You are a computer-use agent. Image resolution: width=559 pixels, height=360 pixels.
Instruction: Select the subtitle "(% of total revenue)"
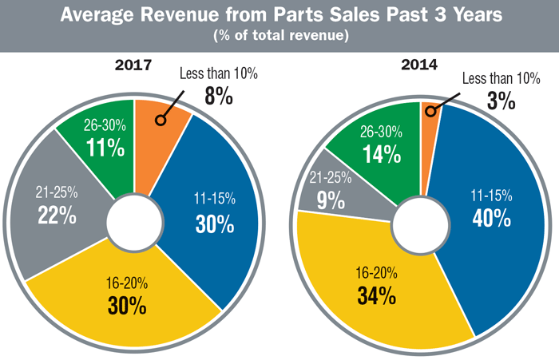point(279,35)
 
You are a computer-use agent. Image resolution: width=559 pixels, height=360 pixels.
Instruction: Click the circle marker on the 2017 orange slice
point(161,121)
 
